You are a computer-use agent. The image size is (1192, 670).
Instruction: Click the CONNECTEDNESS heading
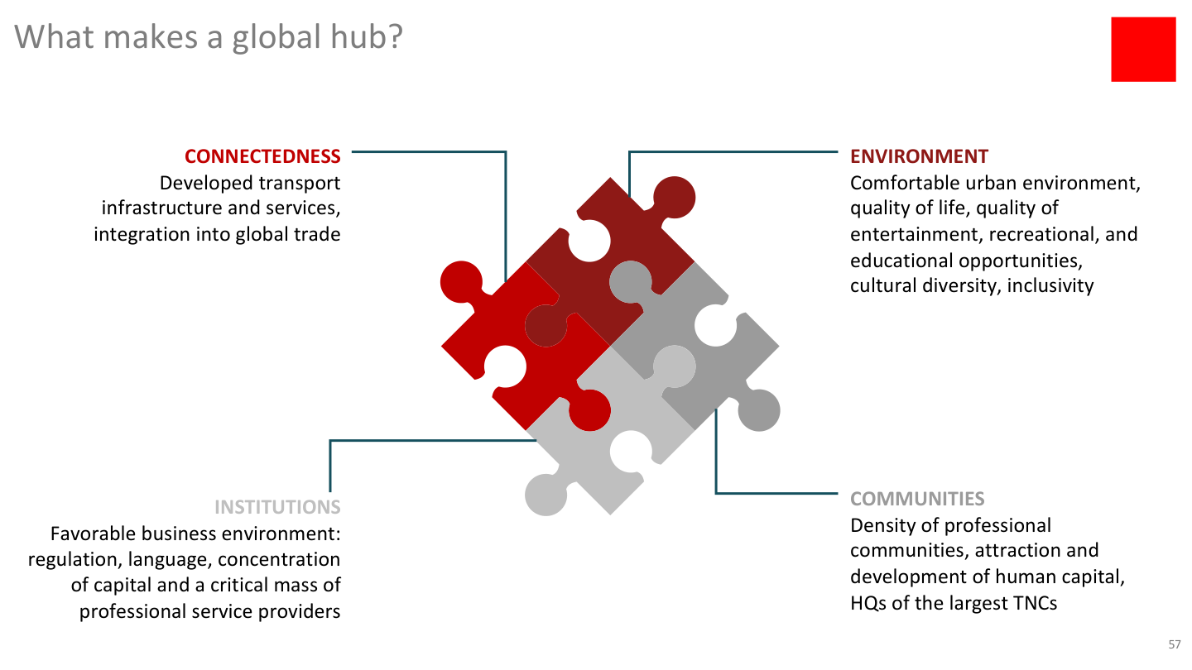coord(262,156)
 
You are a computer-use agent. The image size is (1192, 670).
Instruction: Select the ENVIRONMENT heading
coord(919,156)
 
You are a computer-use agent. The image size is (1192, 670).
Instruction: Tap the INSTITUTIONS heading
coord(277,506)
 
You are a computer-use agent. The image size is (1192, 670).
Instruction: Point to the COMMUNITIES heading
coord(917,499)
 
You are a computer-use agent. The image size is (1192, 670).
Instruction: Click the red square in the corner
coord(1142,49)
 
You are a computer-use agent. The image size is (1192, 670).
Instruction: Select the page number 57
coord(1174,644)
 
